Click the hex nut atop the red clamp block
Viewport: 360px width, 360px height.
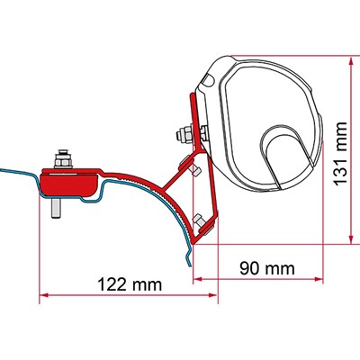(x=66, y=163)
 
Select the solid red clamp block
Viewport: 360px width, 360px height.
(x=68, y=184)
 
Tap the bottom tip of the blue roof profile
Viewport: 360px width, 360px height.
(x=187, y=267)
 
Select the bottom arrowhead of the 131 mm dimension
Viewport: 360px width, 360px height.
(x=346, y=241)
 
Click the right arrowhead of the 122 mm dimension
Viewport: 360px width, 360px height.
(x=191, y=296)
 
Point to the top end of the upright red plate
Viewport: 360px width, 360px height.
(x=192, y=94)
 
